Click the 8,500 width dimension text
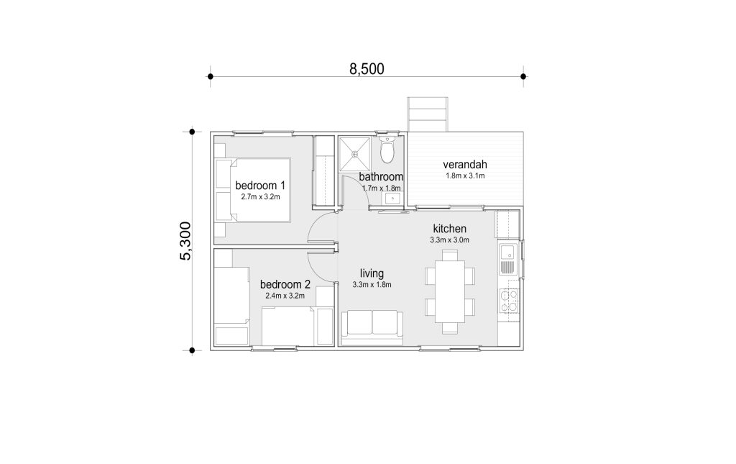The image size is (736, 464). [x=367, y=69]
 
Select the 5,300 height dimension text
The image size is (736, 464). [x=186, y=241]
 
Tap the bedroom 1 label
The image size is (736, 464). [x=260, y=185]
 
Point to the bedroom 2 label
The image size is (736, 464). [x=285, y=284]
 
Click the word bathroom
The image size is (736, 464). [x=381, y=176]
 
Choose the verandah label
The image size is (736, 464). [x=465, y=164]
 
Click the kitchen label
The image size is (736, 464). [x=449, y=229]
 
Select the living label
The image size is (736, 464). [x=372, y=273]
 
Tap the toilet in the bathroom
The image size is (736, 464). [x=387, y=150]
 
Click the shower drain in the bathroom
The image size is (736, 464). [x=354, y=153]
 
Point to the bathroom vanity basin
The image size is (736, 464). [x=392, y=199]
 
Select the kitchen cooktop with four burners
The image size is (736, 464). [x=509, y=301]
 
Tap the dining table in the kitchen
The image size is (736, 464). [x=450, y=291]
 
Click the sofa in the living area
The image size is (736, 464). [x=372, y=328]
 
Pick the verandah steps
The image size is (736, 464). [x=428, y=114]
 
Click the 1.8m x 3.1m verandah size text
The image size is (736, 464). [x=465, y=176]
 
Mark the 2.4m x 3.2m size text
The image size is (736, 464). [x=285, y=296]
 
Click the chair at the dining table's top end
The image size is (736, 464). [x=450, y=255]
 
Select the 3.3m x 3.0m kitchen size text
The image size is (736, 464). [x=449, y=240]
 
